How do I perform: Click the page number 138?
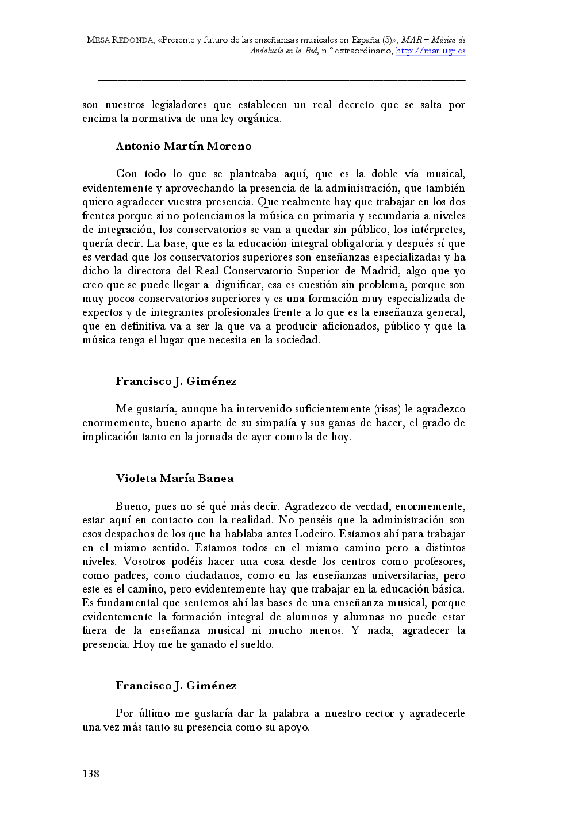[91, 774]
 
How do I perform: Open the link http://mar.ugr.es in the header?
[431, 51]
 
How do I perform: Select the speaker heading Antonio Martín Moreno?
[184, 146]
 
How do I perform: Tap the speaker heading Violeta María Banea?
[175, 479]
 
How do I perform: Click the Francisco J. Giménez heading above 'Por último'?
[176, 686]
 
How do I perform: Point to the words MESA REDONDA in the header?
[120, 40]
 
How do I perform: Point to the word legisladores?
[179, 105]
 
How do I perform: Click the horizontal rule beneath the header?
[282, 80]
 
